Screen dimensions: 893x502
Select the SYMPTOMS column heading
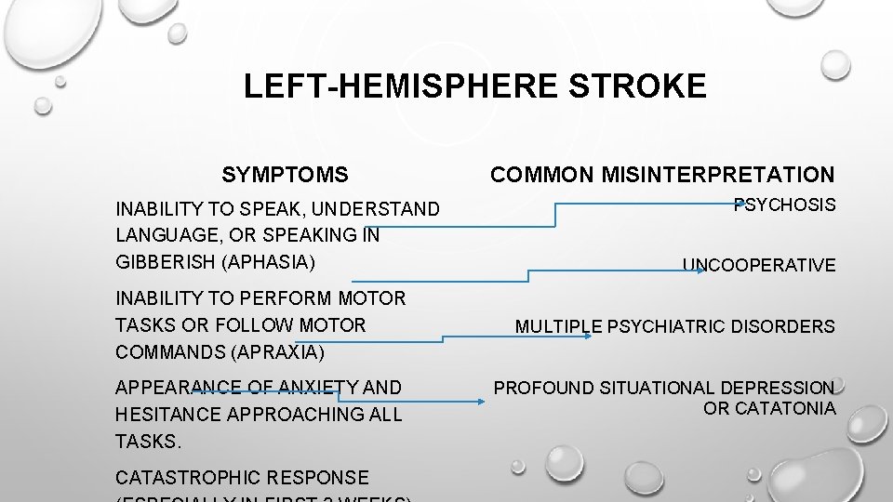point(286,174)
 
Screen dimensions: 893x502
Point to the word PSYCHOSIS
point(785,205)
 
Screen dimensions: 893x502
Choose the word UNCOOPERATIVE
point(759,266)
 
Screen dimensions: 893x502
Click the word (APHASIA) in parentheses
point(271,262)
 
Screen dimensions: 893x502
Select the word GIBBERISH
point(165,262)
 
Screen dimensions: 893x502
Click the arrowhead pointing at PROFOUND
point(481,402)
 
